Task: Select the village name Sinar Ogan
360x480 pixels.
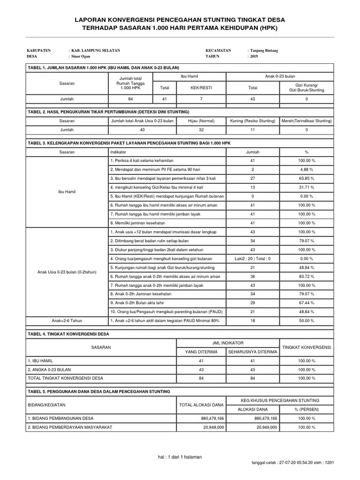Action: click(81, 56)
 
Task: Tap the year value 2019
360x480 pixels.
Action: click(255, 56)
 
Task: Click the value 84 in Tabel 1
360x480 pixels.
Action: click(130, 99)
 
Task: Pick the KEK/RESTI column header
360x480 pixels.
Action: click(201, 87)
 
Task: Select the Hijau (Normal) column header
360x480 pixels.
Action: click(201, 121)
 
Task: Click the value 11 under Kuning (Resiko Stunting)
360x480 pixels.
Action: click(253, 129)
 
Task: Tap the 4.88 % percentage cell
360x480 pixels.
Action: click(307, 169)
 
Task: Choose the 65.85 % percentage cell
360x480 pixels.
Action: click(307, 178)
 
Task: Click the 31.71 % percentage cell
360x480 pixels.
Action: click(307, 187)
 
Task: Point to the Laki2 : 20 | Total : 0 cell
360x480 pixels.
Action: click(253, 258)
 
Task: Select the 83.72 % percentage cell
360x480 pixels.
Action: click(307, 276)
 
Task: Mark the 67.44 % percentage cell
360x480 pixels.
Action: click(307, 303)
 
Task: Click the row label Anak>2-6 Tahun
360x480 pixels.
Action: click(67, 321)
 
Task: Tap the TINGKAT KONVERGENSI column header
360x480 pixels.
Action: click(307, 347)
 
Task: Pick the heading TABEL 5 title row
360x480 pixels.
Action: click(99, 391)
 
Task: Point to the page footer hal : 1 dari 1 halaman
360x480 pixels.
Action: click(180, 457)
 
